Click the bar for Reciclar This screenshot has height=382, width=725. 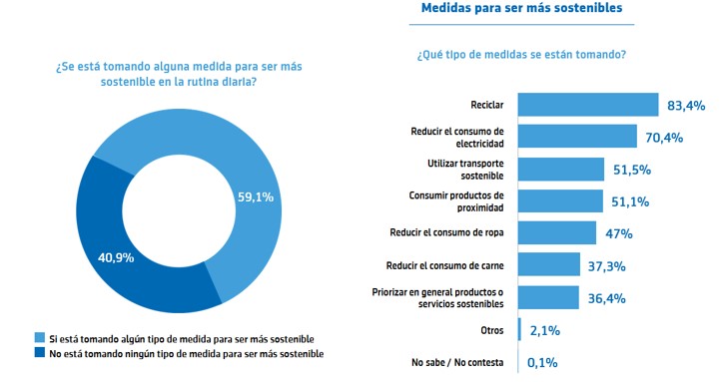click(587, 105)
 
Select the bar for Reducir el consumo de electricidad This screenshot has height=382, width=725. click(577, 137)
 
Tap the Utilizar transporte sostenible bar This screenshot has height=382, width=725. click(561, 170)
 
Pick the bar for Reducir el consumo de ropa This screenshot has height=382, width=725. click(556, 232)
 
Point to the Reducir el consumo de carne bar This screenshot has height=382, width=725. click(549, 264)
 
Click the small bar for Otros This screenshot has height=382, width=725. click(519, 329)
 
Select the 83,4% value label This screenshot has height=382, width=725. click(686, 106)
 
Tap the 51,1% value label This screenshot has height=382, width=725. click(630, 201)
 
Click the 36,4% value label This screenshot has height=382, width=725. click(606, 298)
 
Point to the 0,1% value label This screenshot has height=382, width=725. click(542, 363)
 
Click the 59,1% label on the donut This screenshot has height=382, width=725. click(256, 197)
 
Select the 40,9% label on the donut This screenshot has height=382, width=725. click(116, 257)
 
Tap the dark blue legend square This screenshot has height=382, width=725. click(40, 352)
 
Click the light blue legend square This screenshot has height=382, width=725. click(40, 338)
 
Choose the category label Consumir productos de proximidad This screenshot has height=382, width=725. click(456, 201)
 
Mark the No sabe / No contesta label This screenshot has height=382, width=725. click(457, 363)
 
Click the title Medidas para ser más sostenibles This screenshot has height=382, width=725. click(521, 8)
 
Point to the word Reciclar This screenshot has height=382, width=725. click(487, 105)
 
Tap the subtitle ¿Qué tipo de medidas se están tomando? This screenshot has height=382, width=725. click(521, 55)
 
